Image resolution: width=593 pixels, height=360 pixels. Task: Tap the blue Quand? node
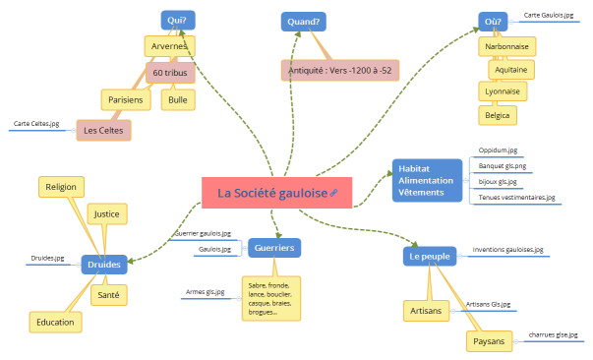point(304,22)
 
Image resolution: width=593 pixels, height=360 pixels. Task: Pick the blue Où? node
point(494,21)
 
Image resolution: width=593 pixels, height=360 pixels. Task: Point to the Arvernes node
point(169,46)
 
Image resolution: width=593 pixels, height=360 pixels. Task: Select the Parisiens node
point(126,99)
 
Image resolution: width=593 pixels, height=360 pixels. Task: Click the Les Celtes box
point(103,129)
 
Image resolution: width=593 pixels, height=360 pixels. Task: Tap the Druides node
point(104,265)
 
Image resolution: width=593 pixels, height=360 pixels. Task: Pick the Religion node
point(60,186)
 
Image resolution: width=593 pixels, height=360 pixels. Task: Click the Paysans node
point(489,341)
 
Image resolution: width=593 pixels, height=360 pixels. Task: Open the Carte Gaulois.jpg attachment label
point(548,16)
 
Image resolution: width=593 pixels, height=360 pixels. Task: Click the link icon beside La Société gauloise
point(334,194)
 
